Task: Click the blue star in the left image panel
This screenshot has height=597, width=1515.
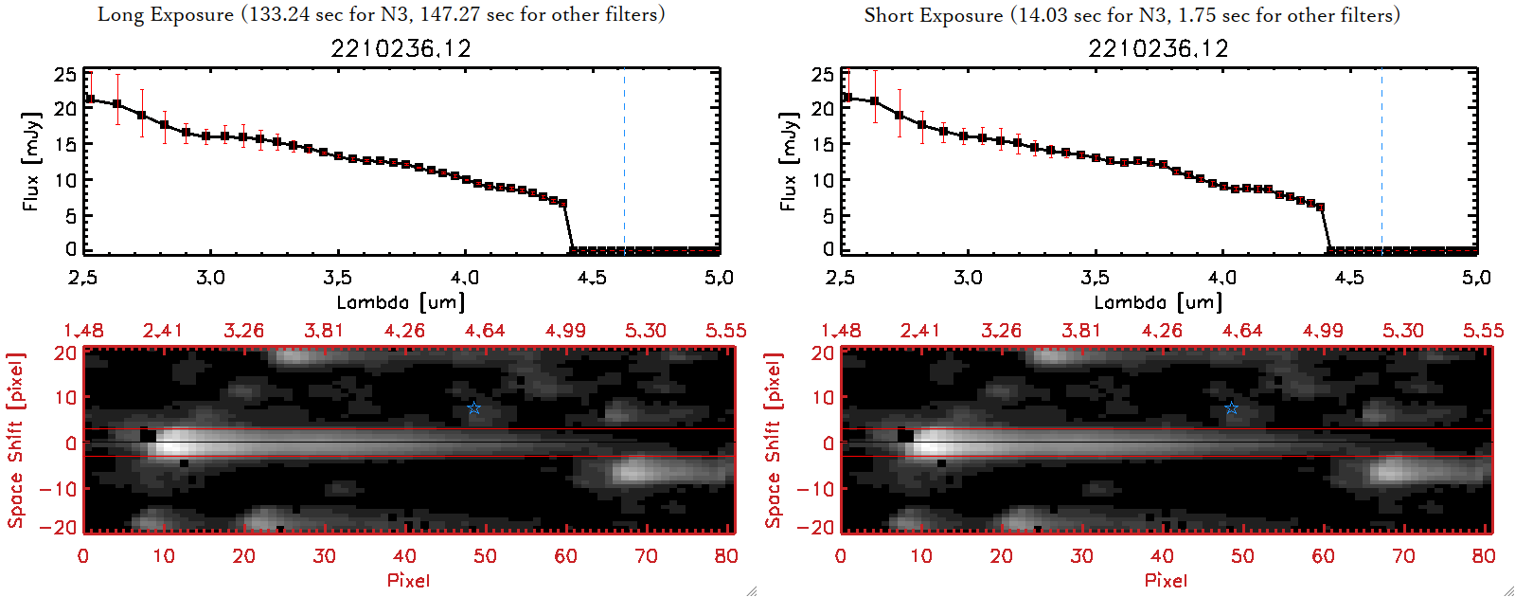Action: [x=474, y=408]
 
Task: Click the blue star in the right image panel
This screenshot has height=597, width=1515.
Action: [x=1231, y=408]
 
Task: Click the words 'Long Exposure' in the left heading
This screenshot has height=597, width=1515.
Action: [x=166, y=14]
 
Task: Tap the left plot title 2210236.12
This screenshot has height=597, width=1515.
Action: [x=401, y=48]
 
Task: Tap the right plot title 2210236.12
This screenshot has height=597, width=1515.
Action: [x=1158, y=48]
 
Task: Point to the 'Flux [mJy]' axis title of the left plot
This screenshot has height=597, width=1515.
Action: [x=32, y=161]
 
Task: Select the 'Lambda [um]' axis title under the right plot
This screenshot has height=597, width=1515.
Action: [x=1158, y=302]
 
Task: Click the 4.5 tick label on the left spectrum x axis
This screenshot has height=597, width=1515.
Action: [x=592, y=278]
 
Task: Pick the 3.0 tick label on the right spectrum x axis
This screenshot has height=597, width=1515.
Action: [x=968, y=278]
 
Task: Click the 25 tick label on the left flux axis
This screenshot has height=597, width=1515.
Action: [x=65, y=74]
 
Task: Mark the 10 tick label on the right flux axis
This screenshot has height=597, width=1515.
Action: [x=823, y=179]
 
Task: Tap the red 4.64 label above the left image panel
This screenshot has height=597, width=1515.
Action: [x=485, y=331]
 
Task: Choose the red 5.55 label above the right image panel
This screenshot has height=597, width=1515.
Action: [x=1483, y=331]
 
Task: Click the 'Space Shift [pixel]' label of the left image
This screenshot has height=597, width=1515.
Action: [x=15, y=441]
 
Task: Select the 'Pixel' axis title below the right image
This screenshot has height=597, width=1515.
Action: [x=1166, y=580]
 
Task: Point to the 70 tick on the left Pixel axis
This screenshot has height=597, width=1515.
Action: [x=646, y=556]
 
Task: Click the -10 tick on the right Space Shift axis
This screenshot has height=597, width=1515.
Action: [x=815, y=488]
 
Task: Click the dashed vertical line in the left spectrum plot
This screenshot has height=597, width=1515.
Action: [x=624, y=161]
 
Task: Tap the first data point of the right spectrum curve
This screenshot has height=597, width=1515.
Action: [x=847, y=98]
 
